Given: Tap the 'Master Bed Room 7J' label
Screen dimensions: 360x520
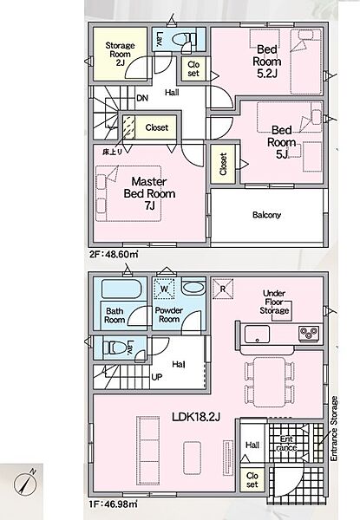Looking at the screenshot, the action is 149,193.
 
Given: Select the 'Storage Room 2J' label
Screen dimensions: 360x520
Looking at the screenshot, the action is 120,54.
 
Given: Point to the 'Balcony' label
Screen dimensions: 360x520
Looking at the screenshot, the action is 267,215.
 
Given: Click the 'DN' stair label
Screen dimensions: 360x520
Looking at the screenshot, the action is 142,98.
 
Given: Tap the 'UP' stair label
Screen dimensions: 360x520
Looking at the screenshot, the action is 157,377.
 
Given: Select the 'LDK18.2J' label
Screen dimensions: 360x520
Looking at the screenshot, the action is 196,417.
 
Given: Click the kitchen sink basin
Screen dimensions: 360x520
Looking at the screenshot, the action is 257,334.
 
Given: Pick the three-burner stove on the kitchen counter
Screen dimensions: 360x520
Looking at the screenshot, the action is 309,333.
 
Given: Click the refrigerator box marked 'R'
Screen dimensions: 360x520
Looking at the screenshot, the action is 223,289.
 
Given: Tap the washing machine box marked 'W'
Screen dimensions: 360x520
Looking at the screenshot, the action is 164,289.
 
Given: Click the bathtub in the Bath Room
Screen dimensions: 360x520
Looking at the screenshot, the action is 120,289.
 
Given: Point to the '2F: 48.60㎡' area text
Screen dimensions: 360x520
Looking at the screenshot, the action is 114,255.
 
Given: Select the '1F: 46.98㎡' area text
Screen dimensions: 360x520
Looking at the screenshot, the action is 113,504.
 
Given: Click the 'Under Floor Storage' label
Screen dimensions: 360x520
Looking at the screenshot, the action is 274,302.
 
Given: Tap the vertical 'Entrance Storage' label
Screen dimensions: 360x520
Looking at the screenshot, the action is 334,428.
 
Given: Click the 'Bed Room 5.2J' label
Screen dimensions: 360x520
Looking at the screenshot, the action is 267,62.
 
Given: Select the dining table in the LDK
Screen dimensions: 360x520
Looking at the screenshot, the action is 270,381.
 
